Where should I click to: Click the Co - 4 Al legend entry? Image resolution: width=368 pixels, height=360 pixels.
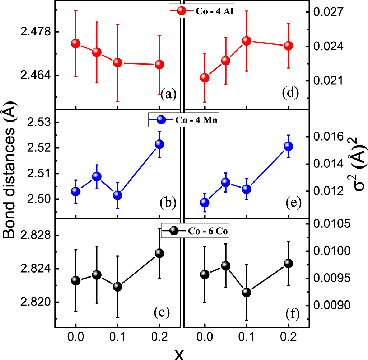click(x=202, y=11)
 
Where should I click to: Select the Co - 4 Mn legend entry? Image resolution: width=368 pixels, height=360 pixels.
click(x=184, y=120)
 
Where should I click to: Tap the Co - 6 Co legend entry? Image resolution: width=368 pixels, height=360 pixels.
click(x=195, y=231)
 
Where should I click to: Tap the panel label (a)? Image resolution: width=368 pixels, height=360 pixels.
click(x=168, y=95)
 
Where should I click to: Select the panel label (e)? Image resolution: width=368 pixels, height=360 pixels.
click(x=290, y=203)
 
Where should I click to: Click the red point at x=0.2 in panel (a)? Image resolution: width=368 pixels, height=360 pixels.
click(x=159, y=65)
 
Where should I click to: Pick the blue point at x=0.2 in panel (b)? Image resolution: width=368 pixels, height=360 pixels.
click(x=159, y=144)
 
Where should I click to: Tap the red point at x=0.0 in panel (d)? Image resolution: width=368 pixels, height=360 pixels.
click(x=205, y=78)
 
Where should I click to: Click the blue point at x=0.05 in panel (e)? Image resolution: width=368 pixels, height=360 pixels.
click(x=225, y=182)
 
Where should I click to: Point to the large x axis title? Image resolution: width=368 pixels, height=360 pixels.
click(x=179, y=353)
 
